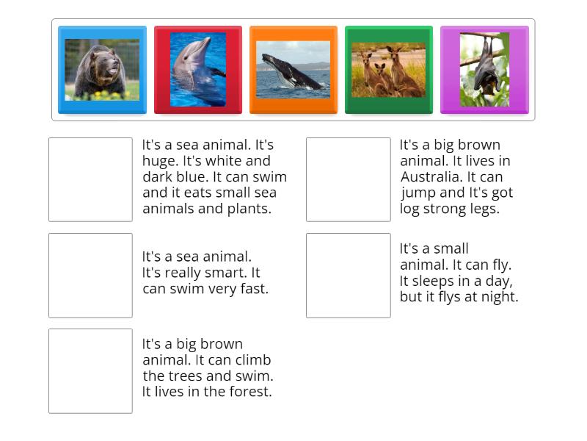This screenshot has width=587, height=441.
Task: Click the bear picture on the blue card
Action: pos(102,70)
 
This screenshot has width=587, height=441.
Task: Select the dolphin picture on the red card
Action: pos(198,70)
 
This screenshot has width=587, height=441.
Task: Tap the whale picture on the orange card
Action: pos(293,70)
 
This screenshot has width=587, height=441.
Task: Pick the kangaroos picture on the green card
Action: pos(388,70)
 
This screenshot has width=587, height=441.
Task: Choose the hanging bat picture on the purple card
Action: pos(484,70)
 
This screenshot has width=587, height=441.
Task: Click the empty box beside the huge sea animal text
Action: pos(90,179)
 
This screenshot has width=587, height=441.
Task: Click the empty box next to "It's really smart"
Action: pos(90,275)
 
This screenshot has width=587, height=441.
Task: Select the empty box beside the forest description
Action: pos(90,370)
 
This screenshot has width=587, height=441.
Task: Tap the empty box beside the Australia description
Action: pos(348,179)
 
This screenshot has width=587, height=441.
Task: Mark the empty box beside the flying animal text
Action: pos(348,275)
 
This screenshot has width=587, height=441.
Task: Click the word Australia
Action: pos(432,177)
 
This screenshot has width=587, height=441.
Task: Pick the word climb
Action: pos(252,360)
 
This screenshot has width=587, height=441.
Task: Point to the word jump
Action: pos(418,193)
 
